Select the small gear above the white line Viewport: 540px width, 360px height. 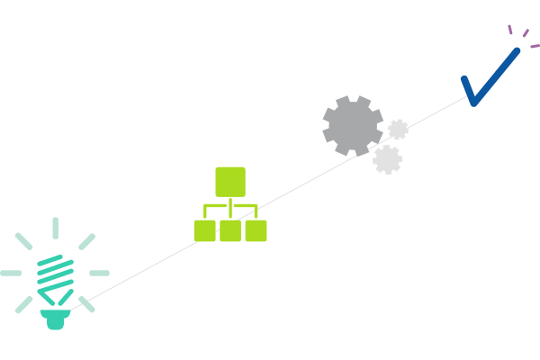(x=398, y=130)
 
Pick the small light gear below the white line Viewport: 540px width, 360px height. (x=387, y=159)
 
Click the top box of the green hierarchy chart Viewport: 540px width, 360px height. (x=230, y=182)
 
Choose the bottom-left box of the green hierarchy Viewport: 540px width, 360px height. (x=204, y=231)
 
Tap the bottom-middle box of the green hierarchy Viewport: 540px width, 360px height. (x=230, y=231)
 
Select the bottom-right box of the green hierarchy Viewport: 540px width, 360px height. (x=256, y=231)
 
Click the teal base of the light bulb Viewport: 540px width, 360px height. (x=56, y=318)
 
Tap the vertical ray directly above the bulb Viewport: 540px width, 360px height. (x=55, y=229)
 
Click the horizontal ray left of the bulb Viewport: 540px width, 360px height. (x=11, y=273)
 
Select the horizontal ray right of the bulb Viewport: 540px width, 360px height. (x=99, y=273)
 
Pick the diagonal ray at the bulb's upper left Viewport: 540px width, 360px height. (x=23, y=241)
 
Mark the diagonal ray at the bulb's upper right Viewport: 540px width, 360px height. (x=86, y=241)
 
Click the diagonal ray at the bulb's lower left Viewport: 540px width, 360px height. (x=23, y=304)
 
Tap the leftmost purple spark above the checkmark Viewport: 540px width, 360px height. (x=510, y=29)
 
